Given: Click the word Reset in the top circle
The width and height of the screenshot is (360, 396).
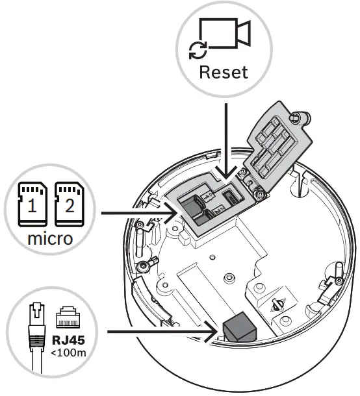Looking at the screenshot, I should [223, 71].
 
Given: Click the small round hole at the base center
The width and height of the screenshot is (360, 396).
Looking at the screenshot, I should [227, 278].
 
